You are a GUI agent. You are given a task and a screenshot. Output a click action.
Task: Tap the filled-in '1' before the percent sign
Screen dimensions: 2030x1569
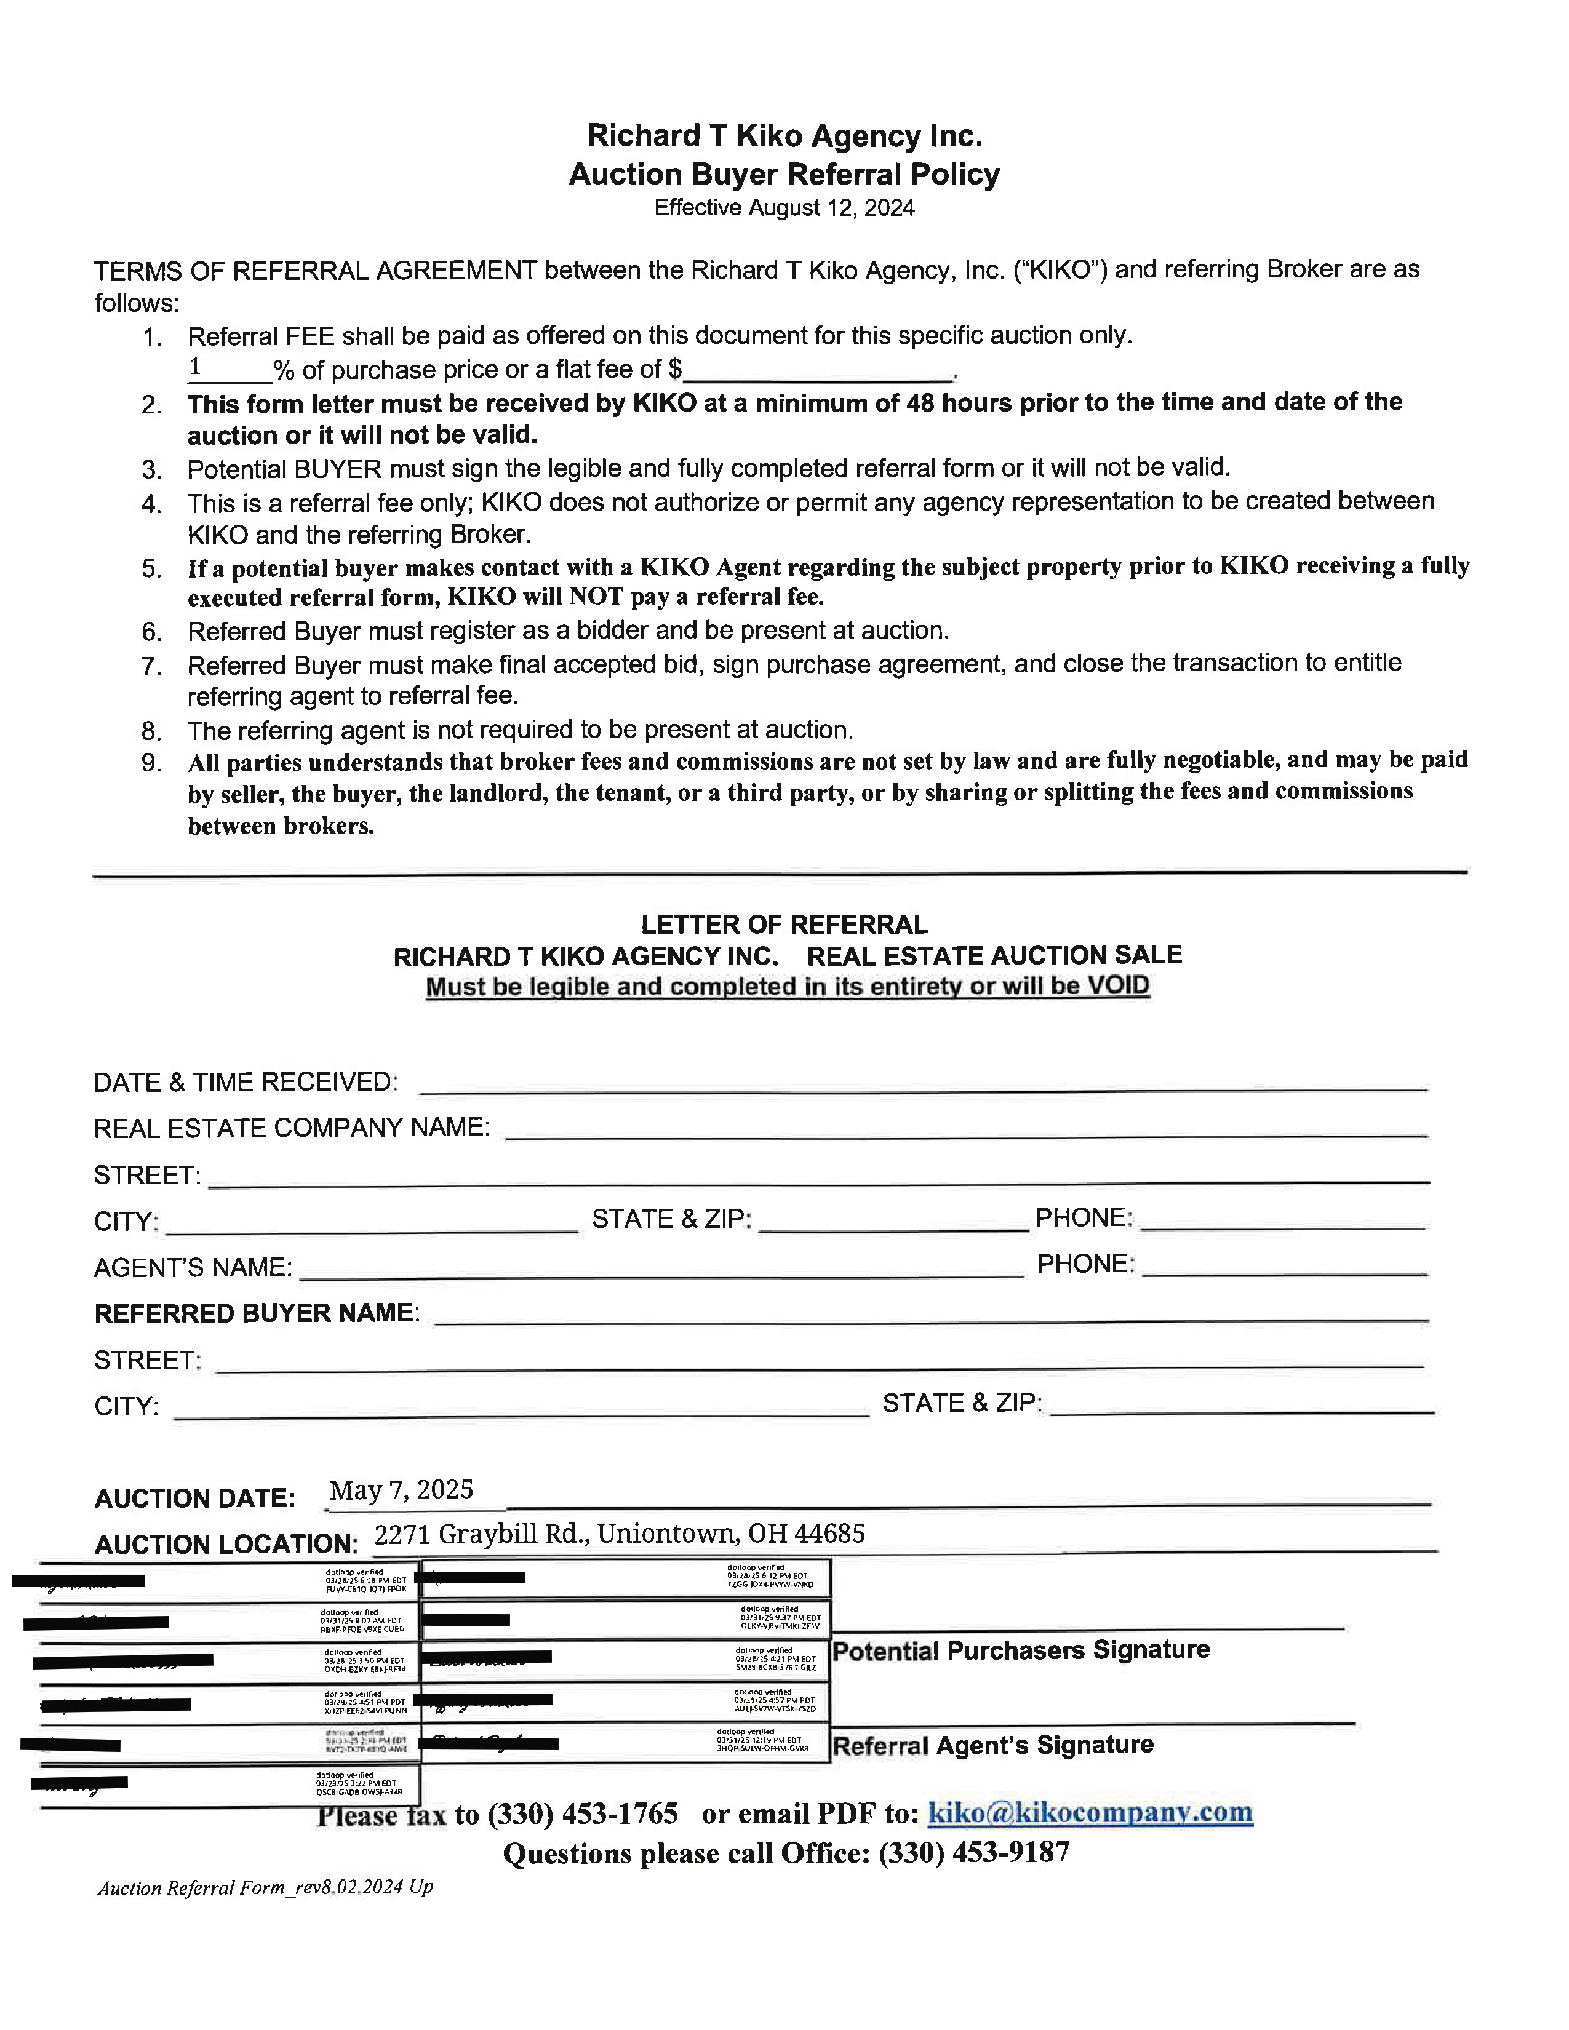click(195, 368)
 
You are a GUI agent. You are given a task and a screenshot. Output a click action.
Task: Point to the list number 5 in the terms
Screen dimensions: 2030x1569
click(153, 569)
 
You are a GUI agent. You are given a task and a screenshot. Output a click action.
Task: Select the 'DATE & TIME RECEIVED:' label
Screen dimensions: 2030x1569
click(246, 1083)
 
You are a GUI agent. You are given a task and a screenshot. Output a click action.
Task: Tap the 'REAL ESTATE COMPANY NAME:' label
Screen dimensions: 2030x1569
click(292, 1128)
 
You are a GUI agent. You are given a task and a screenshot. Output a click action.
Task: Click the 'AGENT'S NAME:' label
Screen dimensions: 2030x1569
click(193, 1268)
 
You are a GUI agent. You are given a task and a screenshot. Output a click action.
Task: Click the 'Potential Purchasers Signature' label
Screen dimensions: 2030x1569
click(1021, 1651)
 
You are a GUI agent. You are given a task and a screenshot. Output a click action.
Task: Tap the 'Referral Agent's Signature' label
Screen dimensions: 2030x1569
click(992, 1746)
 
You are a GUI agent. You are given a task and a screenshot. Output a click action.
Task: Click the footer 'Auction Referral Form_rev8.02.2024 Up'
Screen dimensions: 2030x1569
click(265, 1888)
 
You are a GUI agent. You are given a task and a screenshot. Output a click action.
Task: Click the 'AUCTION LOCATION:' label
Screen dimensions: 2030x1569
click(225, 1545)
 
